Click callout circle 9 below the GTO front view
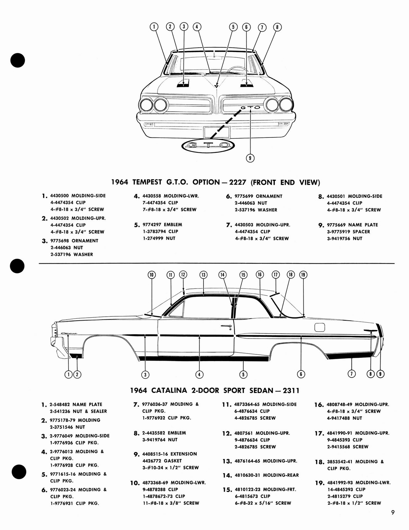pyautogui.click(x=250, y=158)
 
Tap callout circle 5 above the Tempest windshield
pyautogui.click(x=233, y=27)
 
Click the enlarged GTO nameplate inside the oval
pyautogui.click(x=208, y=145)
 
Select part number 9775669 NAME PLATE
pyautogui.click(x=352, y=225)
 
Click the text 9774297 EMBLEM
pyautogui.click(x=162, y=225)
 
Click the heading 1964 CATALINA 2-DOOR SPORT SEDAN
pyautogui.click(x=215, y=390)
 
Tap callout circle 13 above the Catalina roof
pyautogui.click(x=203, y=275)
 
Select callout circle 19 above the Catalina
pyautogui.click(x=303, y=275)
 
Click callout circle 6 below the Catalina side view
pyautogui.click(x=301, y=374)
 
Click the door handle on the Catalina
pyautogui.click(x=226, y=327)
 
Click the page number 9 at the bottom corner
pyautogui.click(x=392, y=512)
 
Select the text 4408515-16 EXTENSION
pyautogui.click(x=169, y=454)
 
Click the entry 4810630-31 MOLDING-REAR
pyautogui.click(x=266, y=475)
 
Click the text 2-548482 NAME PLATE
pyautogui.click(x=76, y=404)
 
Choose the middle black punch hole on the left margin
pyautogui.click(x=17, y=266)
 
